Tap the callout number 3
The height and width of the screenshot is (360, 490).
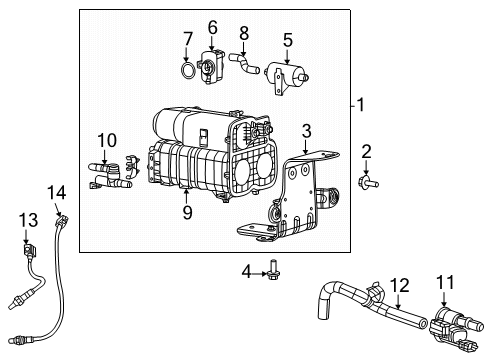coord(307,129)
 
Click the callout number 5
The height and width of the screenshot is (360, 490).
coord(287,41)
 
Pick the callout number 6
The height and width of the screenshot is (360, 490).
coord(212,26)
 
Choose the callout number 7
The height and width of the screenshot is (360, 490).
coord(187,39)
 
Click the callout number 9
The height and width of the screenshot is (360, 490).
coord(185,211)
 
